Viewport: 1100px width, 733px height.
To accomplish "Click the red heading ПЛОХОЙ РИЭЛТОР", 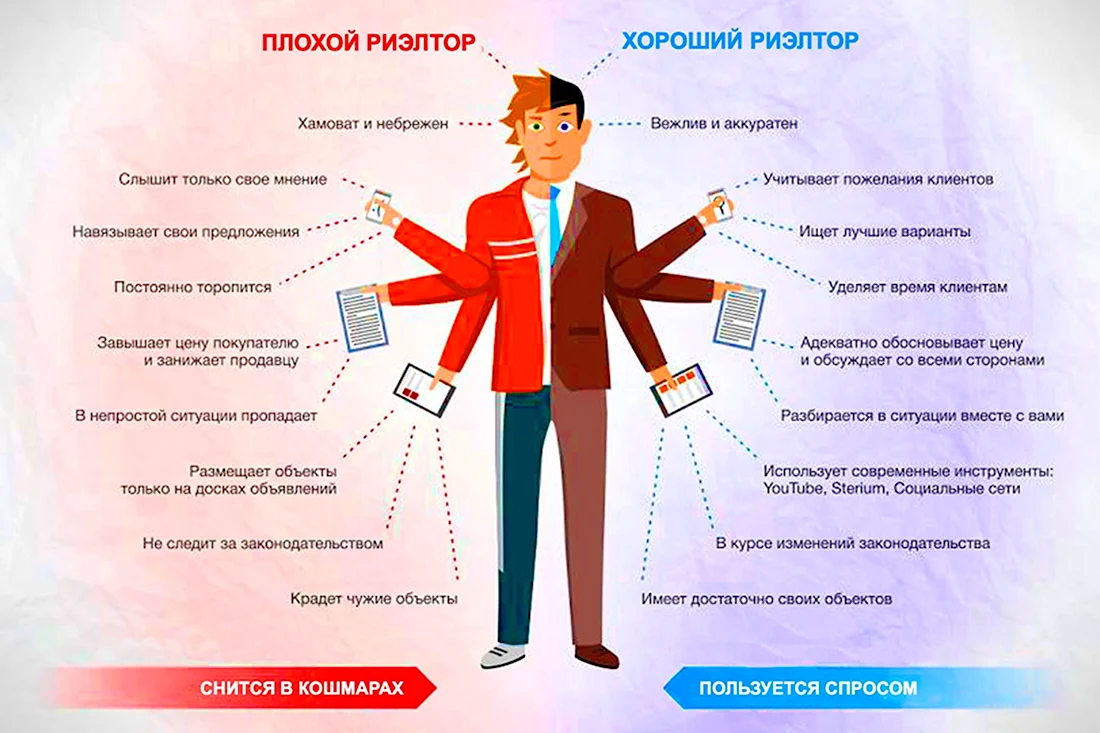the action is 368,42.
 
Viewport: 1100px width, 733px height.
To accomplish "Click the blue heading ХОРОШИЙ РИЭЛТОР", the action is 740,41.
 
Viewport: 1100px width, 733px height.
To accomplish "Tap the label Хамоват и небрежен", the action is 373,123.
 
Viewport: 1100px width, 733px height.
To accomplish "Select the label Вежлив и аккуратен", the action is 724,123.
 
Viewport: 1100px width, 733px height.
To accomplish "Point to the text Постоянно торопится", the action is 192,287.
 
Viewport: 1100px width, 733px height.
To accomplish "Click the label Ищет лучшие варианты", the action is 885,231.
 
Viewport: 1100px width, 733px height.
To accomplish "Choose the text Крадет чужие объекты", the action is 374,598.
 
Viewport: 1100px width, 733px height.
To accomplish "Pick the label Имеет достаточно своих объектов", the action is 767,599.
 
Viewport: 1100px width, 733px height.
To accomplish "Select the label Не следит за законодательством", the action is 262,544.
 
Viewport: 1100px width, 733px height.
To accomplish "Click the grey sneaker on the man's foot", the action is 502,655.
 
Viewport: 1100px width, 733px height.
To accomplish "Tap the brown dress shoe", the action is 597,656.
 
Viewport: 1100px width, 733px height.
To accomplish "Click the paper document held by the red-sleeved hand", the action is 363,318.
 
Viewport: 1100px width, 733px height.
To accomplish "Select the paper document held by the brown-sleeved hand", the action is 739,316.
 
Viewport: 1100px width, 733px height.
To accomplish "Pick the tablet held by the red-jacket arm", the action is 424,390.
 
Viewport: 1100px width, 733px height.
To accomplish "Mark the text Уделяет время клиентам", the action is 918,287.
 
